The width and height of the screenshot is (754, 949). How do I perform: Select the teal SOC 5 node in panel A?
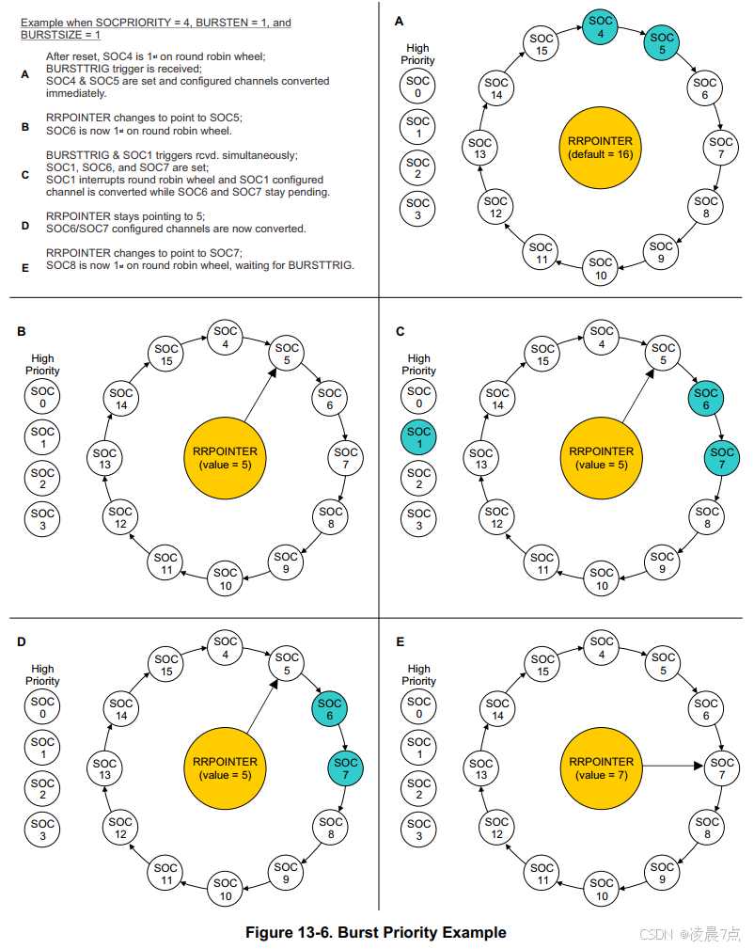coord(663,45)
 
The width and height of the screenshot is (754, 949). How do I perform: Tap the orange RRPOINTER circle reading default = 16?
coord(600,148)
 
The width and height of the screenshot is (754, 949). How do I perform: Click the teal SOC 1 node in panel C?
coord(419,438)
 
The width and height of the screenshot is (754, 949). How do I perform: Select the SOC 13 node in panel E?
coord(480,768)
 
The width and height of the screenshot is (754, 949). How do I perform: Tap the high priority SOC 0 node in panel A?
coord(419,87)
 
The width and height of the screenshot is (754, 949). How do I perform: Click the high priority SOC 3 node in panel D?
coord(43,830)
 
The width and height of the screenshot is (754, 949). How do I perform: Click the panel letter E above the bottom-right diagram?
coord(400,642)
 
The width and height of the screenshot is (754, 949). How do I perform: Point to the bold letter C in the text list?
coord(25,174)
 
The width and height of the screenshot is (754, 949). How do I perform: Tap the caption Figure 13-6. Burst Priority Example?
coord(376,932)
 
